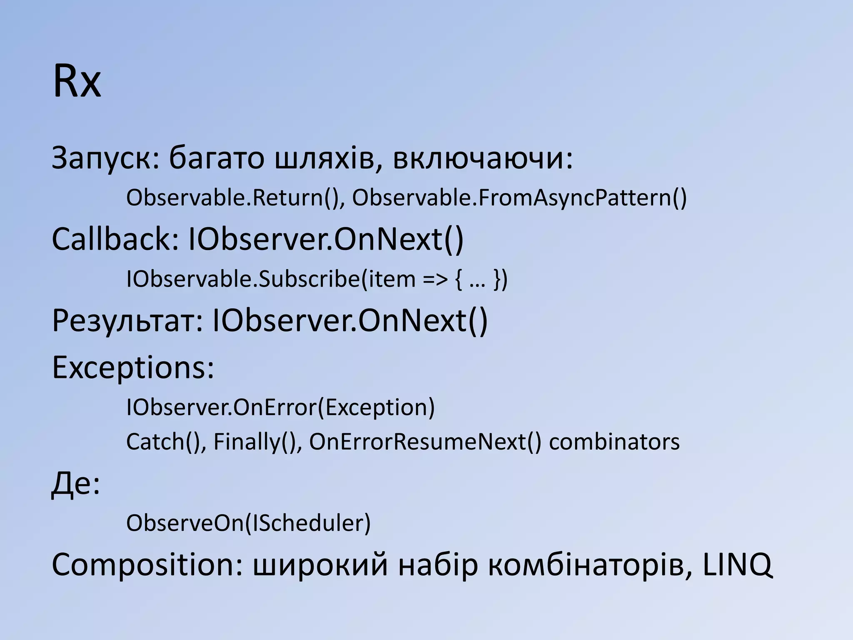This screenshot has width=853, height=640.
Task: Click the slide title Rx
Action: click(77, 82)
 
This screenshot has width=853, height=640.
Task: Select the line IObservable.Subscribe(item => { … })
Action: click(317, 279)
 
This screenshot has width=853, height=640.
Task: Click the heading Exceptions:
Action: click(133, 367)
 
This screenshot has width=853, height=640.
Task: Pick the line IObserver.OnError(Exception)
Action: click(280, 407)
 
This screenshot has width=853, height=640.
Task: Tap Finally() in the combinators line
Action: click(257, 442)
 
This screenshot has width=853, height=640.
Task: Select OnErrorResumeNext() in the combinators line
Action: click(425, 442)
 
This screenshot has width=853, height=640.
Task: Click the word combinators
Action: click(614, 442)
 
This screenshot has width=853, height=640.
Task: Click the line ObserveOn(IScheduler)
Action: click(248, 523)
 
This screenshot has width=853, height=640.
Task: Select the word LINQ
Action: click(737, 565)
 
